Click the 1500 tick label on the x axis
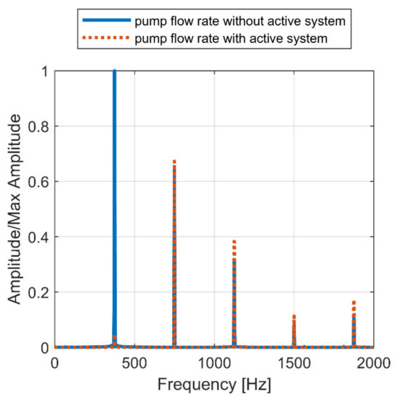click(x=294, y=362)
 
